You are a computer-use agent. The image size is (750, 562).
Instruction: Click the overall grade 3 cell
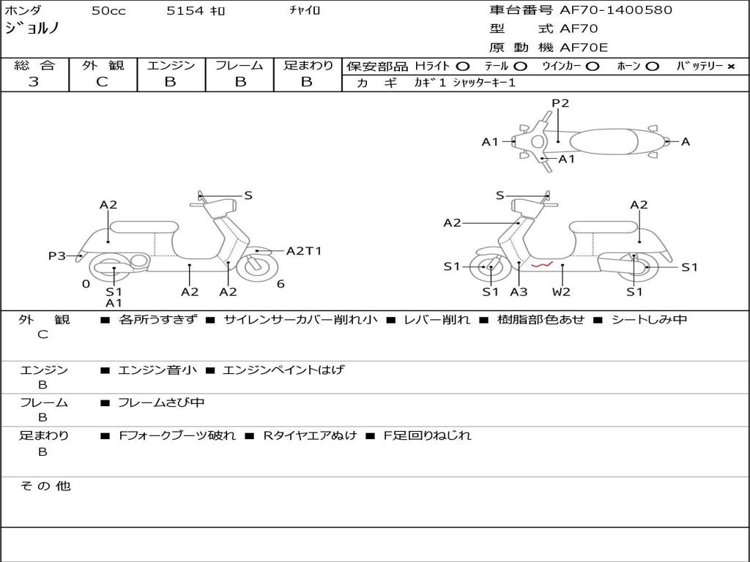click(x=34, y=82)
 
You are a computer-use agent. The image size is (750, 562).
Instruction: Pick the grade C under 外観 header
click(x=103, y=82)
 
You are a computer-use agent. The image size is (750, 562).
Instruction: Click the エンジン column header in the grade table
click(x=171, y=65)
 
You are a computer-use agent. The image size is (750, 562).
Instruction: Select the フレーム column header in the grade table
click(x=239, y=65)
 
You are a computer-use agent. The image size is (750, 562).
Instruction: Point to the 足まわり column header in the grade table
click(x=308, y=65)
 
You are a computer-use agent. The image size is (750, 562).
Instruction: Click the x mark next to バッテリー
click(x=730, y=66)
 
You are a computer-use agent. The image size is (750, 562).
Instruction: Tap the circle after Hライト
click(x=463, y=66)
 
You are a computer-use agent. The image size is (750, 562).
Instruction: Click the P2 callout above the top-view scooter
click(x=560, y=103)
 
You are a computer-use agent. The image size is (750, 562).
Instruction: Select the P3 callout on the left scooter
click(x=57, y=255)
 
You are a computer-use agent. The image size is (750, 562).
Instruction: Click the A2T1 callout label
click(x=304, y=251)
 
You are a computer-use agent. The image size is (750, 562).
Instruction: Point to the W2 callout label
click(x=562, y=291)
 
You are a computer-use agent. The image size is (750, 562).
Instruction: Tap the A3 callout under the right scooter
click(x=519, y=291)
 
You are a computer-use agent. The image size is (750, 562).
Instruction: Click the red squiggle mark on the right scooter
click(x=541, y=266)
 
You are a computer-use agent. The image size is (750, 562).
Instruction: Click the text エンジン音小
click(x=157, y=370)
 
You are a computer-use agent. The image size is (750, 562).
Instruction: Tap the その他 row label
click(x=45, y=485)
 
